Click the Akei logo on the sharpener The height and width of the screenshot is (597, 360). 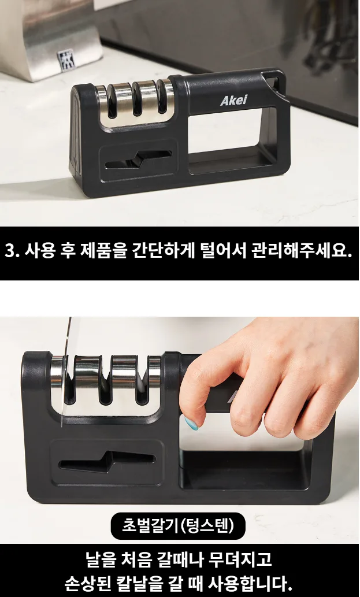(x=233, y=100)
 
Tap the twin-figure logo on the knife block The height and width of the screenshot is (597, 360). (x=66, y=60)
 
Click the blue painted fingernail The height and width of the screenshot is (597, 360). (x=191, y=422)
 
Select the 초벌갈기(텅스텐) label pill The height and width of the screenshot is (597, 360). (x=178, y=526)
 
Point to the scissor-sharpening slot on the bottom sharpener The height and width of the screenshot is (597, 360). (x=107, y=461)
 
